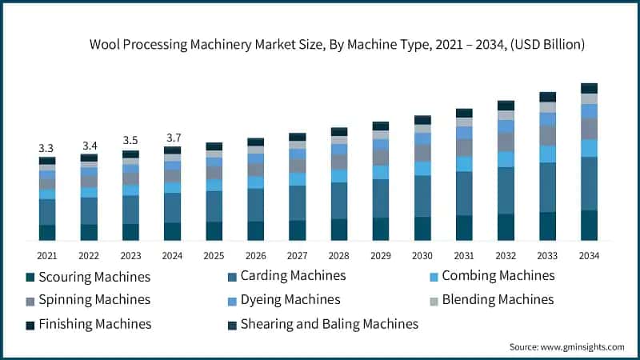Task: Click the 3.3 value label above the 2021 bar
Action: pyautogui.click(x=46, y=149)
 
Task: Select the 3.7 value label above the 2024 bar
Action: pyautogui.click(x=172, y=138)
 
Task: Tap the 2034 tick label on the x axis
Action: pyautogui.click(x=589, y=254)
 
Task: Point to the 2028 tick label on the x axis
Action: pyautogui.click(x=338, y=254)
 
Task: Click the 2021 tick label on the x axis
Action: pyautogui.click(x=47, y=254)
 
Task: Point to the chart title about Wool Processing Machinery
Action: pyautogui.click(x=337, y=45)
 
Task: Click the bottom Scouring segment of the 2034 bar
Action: pyautogui.click(x=589, y=225)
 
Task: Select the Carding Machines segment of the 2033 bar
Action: pyautogui.click(x=547, y=187)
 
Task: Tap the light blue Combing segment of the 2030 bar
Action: pyautogui.click(x=422, y=168)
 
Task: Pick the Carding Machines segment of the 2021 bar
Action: pyautogui.click(x=47, y=212)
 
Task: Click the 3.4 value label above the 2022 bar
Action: pyautogui.click(x=89, y=146)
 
